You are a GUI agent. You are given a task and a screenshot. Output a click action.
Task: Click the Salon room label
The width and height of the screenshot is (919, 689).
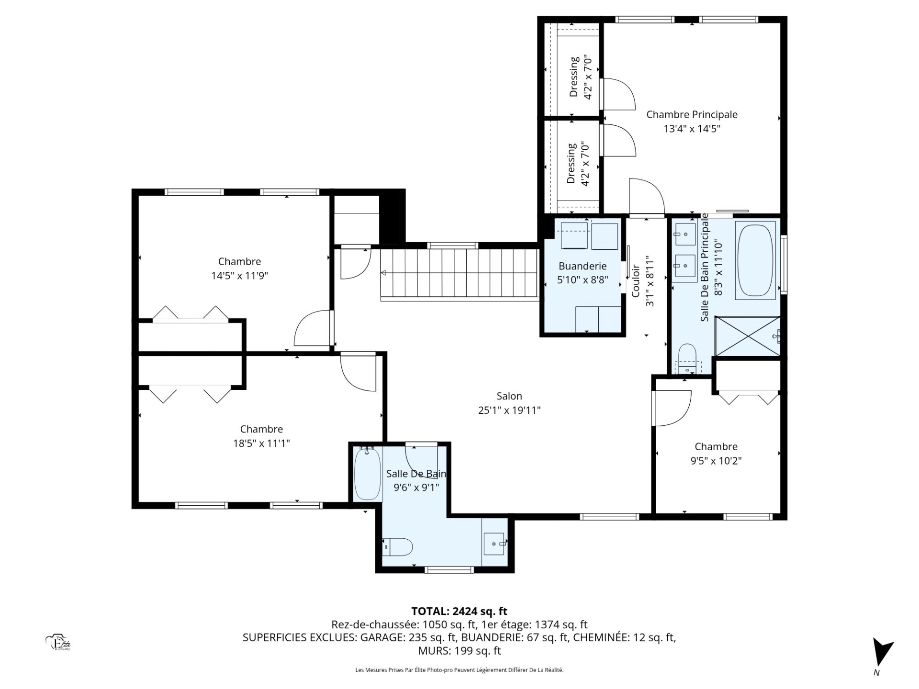(x=509, y=396)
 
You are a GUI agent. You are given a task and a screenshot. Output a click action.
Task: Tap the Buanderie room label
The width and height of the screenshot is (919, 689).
(x=583, y=266)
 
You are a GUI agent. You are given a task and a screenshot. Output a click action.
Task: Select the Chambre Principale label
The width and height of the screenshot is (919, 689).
(x=692, y=114)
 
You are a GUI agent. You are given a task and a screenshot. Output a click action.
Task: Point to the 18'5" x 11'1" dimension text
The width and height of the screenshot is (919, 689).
(x=261, y=444)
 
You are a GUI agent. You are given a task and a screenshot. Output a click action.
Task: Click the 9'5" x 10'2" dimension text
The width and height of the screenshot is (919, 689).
(x=716, y=461)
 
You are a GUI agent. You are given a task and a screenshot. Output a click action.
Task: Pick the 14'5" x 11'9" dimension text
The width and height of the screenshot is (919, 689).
(x=239, y=276)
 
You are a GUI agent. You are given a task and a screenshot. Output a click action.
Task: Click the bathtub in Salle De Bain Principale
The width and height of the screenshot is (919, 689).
(x=755, y=260)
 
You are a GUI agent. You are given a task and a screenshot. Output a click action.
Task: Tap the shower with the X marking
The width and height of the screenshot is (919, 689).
(x=748, y=336)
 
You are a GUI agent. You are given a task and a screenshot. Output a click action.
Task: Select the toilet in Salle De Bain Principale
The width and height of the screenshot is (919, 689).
(x=687, y=359)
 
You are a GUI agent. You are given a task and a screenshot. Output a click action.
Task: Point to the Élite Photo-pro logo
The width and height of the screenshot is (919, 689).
(x=58, y=643)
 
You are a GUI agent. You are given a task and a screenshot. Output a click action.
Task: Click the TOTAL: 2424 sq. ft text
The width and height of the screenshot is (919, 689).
(x=459, y=611)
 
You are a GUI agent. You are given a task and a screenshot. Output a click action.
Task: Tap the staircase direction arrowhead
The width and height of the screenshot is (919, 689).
(x=383, y=273)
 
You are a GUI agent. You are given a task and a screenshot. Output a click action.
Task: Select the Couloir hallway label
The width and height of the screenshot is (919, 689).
(x=636, y=281)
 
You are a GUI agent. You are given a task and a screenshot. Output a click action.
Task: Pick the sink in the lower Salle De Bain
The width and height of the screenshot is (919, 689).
(x=494, y=544)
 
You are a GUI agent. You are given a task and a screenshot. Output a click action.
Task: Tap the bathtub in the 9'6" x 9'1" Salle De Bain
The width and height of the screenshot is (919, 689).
(x=368, y=474)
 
